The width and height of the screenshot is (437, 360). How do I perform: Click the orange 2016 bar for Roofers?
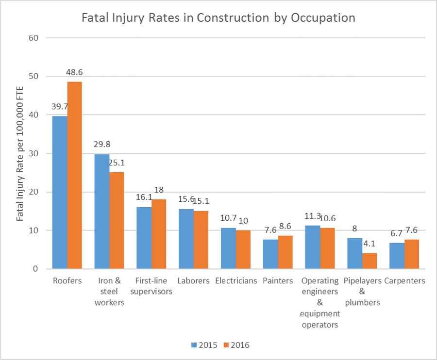coord(74,175)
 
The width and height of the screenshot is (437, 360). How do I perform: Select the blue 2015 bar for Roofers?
coord(60,192)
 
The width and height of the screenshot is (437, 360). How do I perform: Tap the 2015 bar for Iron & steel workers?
coord(102,211)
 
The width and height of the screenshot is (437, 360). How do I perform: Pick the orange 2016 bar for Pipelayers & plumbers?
coord(369,261)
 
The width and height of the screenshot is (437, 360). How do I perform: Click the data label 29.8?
coord(102,144)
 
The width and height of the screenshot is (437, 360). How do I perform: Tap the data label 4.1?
coord(371,244)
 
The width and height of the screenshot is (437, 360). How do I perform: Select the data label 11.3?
coord(312,216)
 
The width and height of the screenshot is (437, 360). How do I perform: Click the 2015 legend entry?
coord(203,345)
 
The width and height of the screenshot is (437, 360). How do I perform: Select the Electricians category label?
coord(236,281)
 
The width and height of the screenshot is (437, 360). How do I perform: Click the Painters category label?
coord(278,281)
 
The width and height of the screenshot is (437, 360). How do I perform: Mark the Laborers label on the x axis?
coord(193,281)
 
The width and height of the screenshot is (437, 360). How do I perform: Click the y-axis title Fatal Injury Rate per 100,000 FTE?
coord(20,153)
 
